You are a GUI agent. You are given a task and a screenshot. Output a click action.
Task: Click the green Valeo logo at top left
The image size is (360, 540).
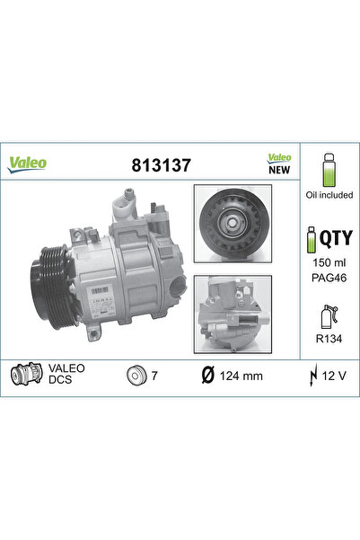(28, 164)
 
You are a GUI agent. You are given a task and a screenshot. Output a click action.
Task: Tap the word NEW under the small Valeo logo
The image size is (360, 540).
(280, 169)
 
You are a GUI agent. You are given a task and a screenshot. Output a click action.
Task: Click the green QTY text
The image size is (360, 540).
(334, 238)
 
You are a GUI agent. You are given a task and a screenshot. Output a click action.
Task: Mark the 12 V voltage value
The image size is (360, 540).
(335, 373)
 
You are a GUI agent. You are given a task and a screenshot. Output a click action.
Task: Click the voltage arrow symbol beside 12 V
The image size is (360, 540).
(313, 373)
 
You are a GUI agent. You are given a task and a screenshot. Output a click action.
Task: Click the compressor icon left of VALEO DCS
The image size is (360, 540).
(24, 373)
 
